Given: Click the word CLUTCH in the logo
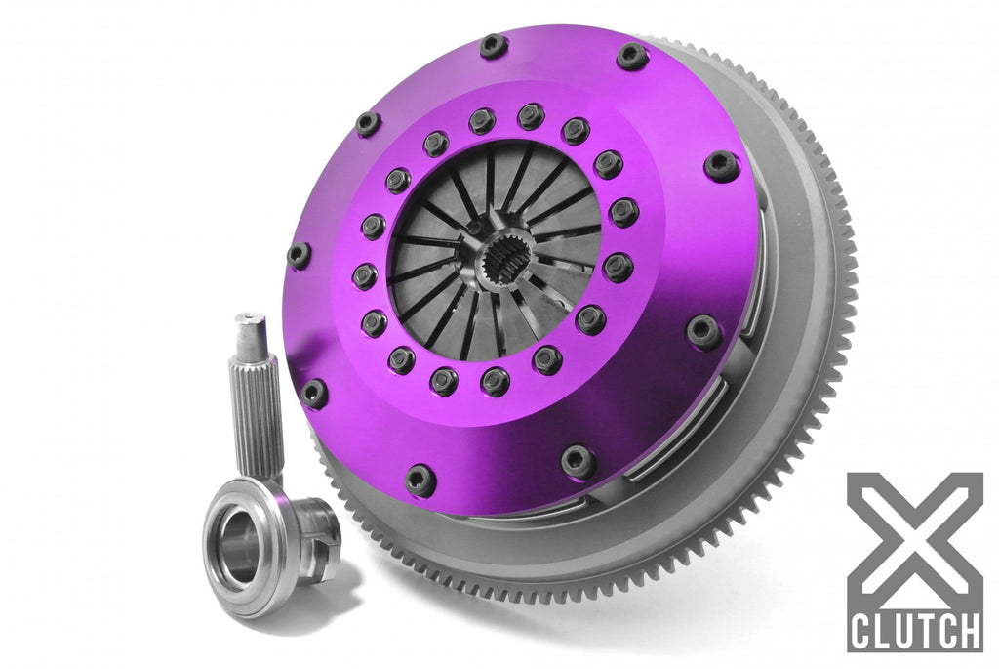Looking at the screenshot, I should [914, 630].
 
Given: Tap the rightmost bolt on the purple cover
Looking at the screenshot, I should [721, 166].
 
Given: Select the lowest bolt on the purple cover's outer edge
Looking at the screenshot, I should [420, 479].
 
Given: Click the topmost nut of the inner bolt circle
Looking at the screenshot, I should [531, 116].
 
